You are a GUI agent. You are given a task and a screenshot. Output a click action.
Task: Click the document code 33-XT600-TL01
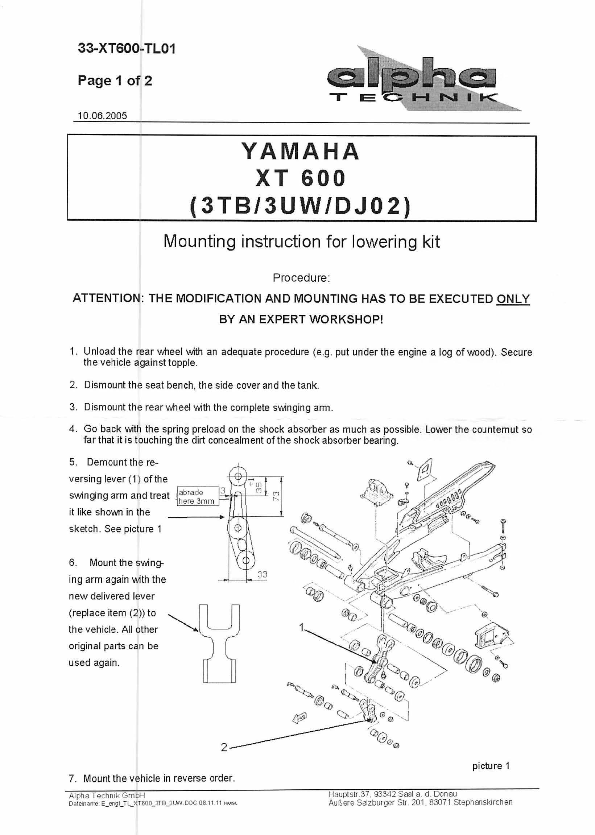point(127,48)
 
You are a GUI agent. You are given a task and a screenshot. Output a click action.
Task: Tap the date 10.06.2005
point(102,116)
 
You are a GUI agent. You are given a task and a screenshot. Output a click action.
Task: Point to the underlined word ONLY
point(513,299)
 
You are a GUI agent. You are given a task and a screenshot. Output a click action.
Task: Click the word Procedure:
point(301,278)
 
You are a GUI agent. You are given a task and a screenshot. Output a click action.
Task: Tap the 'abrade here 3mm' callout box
point(198,496)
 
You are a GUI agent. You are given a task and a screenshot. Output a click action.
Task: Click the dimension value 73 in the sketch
point(277,496)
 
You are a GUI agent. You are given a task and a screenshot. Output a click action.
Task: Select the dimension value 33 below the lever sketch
point(262,575)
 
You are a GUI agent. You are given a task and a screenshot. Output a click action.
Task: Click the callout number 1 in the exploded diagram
point(301,628)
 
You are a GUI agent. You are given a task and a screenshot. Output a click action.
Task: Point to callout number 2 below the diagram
point(224,747)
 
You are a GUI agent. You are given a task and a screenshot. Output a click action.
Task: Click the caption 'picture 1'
point(491,766)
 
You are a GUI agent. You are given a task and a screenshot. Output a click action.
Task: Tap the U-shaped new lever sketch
point(219,643)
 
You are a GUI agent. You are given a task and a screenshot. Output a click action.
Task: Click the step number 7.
point(72,778)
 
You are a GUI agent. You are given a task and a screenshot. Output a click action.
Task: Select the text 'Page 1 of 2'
point(115,80)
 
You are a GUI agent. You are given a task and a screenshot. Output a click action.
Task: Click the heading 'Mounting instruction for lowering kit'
point(301,241)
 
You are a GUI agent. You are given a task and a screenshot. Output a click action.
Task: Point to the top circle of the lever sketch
point(238,476)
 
